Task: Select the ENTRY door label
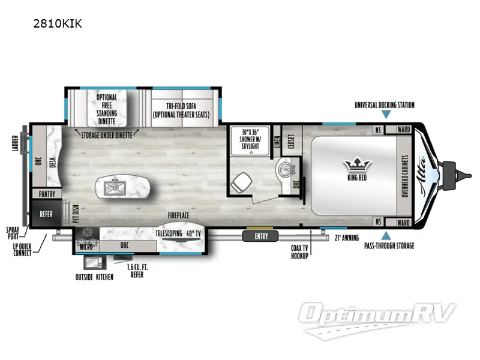click(x=261, y=236)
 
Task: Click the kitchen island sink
click(x=112, y=188)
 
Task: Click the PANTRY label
click(x=47, y=194)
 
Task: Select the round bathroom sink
click(x=284, y=170)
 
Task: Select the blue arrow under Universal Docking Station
click(x=386, y=114)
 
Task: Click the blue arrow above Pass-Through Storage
click(x=386, y=235)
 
